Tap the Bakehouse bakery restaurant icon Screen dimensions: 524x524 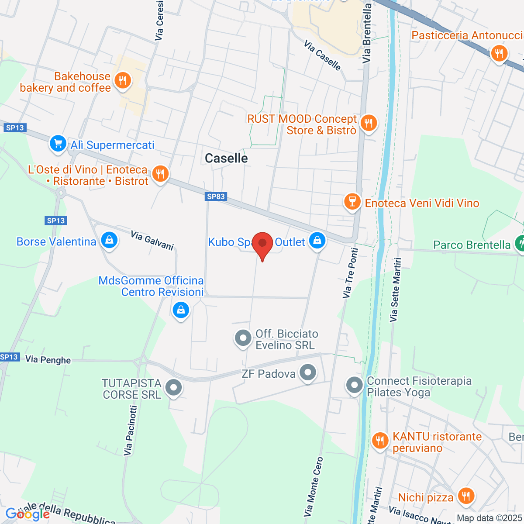tap(123, 81)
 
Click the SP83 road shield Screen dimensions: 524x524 tap(216, 196)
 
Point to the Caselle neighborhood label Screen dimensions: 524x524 tap(226, 158)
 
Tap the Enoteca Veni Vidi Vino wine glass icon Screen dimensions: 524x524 tap(352, 202)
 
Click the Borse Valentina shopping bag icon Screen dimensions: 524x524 tap(109, 240)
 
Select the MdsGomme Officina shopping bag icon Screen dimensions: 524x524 tap(180, 310)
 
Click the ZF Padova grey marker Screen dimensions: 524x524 tap(308, 373)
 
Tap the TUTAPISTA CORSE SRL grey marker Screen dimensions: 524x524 tap(174, 387)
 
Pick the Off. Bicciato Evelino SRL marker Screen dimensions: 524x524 tap(243, 338)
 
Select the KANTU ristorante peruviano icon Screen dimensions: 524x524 tap(380, 441)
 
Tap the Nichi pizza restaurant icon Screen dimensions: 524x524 tap(466, 496)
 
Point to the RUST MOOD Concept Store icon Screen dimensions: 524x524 tap(369, 123)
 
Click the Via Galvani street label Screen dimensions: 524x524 tap(152, 241)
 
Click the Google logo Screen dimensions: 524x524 tap(27, 514)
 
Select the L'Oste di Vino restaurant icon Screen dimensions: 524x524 tap(160, 174)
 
